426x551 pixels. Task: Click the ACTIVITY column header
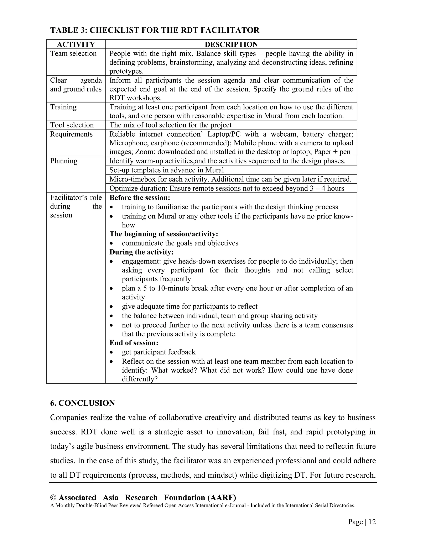(76, 44)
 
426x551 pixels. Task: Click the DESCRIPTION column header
(231, 44)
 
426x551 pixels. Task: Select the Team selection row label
(73, 53)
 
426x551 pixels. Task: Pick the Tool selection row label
(72, 125)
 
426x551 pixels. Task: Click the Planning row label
(64, 161)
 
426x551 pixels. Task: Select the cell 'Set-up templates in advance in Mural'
(167, 170)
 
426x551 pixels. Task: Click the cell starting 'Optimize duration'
(226, 188)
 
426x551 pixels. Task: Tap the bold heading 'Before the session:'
(140, 198)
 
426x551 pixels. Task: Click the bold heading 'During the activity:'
(141, 252)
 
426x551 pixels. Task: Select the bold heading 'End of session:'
(134, 343)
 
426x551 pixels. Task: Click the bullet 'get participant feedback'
(159, 352)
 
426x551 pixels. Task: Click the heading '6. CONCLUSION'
(82, 403)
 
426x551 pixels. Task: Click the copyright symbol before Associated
(53, 498)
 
